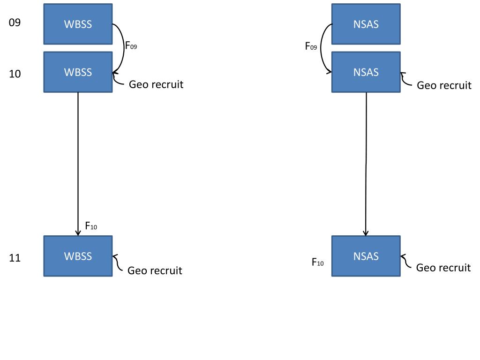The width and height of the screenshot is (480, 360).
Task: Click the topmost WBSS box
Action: (x=78, y=24)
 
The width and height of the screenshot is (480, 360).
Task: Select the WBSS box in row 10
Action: (x=78, y=72)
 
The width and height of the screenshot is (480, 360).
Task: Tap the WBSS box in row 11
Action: (x=78, y=256)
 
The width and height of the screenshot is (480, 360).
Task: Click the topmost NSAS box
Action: (x=366, y=24)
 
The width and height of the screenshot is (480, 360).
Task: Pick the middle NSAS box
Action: (x=366, y=72)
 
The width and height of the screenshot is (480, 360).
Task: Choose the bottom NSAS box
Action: (x=366, y=256)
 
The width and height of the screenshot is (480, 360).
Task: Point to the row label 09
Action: (x=15, y=22)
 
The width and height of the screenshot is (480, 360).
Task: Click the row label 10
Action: (x=15, y=74)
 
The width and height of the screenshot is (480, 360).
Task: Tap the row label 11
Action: (x=15, y=258)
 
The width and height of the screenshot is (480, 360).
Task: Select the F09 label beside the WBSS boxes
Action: (x=131, y=45)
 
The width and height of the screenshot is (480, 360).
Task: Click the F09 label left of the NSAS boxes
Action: (x=311, y=46)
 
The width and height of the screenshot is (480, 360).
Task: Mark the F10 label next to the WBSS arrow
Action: (x=91, y=226)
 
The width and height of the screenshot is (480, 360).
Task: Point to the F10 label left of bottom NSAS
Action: (x=318, y=262)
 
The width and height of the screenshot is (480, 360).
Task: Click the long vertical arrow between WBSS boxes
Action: (x=78, y=164)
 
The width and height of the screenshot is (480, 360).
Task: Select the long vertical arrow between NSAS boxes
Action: (x=366, y=164)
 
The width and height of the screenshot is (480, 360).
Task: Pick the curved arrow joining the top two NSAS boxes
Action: (x=321, y=48)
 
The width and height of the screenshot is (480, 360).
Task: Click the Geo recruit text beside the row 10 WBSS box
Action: (x=156, y=84)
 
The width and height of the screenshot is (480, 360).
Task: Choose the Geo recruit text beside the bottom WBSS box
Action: (x=155, y=270)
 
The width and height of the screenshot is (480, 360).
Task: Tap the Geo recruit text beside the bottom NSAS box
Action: (x=443, y=268)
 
